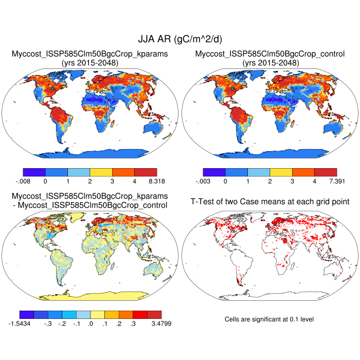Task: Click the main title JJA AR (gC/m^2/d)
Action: pos(180,39)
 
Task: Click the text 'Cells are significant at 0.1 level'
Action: pos(269,319)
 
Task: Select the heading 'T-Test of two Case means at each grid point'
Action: pos(270,202)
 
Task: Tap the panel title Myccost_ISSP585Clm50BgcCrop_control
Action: pos(270,53)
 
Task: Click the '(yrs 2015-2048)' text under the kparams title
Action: pos(90,63)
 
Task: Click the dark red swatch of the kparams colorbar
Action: pos(146,172)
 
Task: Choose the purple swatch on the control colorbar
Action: pos(214,172)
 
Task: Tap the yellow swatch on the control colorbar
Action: pos(281,172)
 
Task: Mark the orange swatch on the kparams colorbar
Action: pos(123,172)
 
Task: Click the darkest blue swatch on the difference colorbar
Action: pos(27,314)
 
